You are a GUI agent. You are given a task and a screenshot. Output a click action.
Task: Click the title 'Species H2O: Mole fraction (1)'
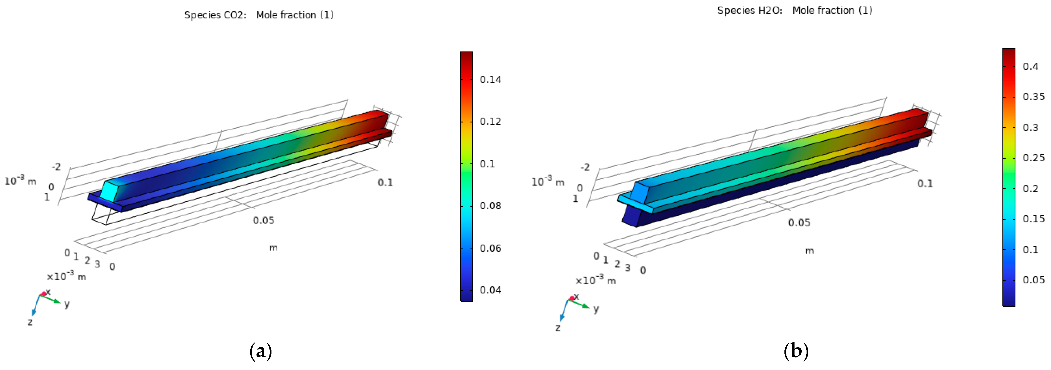coord(795,11)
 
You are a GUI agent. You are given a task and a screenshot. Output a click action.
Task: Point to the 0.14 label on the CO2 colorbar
coord(490,80)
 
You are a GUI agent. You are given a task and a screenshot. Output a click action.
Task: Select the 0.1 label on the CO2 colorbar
coord(487,164)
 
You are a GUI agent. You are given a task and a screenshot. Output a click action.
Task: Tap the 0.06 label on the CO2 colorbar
coord(490,248)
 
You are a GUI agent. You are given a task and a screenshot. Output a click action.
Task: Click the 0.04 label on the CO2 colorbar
coord(490,290)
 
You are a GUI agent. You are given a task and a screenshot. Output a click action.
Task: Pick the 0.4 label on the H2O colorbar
coord(1030,67)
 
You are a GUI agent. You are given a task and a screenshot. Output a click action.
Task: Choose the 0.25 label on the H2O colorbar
coord(1034,158)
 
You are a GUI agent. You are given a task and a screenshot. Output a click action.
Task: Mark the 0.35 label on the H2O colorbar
coord(1034,97)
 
